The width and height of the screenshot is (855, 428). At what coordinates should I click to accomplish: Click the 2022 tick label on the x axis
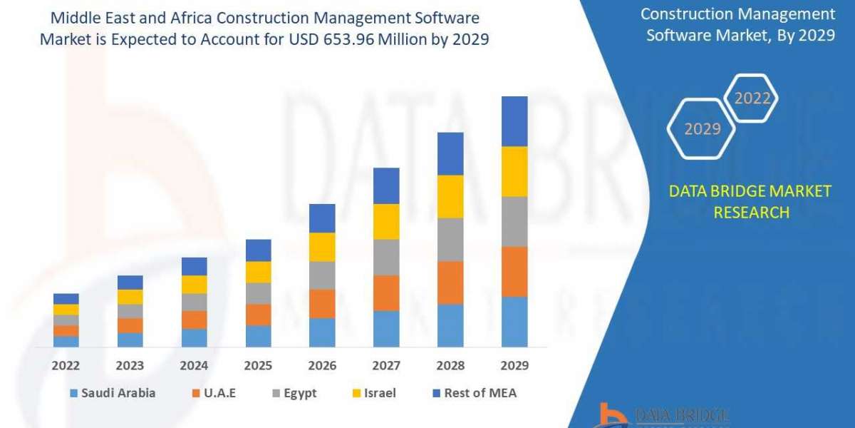[66, 366]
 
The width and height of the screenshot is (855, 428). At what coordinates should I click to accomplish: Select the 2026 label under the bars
[322, 366]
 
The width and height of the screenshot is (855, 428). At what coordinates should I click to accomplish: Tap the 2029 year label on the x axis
[514, 366]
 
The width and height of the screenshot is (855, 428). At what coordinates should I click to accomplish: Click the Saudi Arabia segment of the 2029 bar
[514, 322]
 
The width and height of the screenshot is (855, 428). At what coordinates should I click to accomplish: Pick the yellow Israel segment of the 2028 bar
[450, 196]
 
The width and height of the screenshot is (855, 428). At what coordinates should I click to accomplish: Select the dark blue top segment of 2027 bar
[386, 185]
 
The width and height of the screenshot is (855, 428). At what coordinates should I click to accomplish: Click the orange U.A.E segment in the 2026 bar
[322, 303]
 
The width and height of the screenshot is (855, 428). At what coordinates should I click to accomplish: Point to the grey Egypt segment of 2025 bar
[258, 293]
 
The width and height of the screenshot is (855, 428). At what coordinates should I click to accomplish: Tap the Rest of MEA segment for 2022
[66, 298]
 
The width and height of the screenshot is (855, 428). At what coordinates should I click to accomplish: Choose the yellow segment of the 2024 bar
[194, 284]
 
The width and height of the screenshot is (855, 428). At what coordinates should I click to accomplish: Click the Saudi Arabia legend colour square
[73, 393]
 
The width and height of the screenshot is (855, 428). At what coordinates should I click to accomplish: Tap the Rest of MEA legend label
[480, 393]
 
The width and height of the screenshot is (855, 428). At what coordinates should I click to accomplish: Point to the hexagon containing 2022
[752, 98]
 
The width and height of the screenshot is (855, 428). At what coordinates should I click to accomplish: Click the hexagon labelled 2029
[702, 129]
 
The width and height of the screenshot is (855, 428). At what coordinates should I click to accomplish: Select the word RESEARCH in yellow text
[751, 212]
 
